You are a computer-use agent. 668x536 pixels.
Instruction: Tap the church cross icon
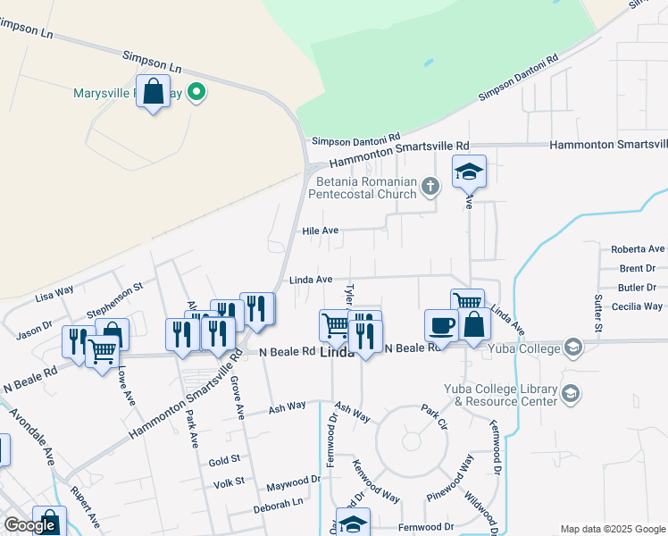(x=430, y=187)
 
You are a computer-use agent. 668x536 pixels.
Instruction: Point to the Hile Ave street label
(x=321, y=230)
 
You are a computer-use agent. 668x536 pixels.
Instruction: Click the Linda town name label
(x=337, y=353)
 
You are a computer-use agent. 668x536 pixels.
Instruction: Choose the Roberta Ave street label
(x=638, y=249)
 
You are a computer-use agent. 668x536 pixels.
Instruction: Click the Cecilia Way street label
(x=637, y=306)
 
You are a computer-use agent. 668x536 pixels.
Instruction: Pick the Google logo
(x=29, y=525)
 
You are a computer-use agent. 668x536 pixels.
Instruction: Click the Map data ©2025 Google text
(x=613, y=529)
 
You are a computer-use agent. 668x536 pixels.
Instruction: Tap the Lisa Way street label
(x=54, y=293)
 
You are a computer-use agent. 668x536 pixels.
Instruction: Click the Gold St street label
(x=225, y=460)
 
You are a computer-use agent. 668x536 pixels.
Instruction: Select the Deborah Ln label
(x=279, y=502)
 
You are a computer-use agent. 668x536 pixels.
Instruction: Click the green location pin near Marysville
(x=197, y=92)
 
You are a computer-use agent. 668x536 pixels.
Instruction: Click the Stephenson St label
(x=114, y=300)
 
